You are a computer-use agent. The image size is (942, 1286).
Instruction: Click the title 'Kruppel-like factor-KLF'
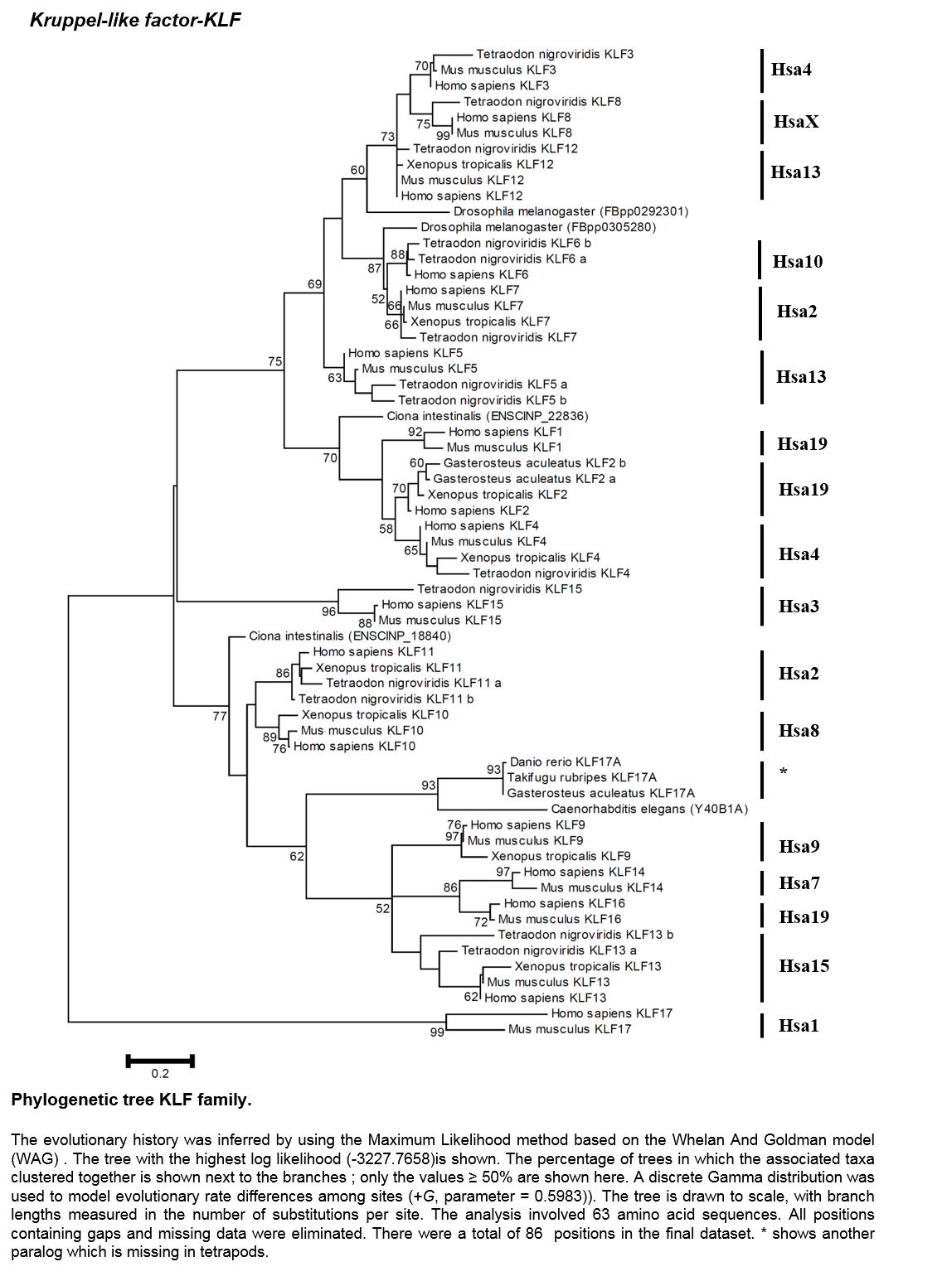[135, 21]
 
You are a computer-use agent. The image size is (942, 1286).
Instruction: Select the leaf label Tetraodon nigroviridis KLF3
[555, 54]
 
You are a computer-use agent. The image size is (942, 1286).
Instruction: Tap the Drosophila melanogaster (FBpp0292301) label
[571, 211]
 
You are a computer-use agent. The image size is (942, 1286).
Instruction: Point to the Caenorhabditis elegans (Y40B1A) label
[649, 809]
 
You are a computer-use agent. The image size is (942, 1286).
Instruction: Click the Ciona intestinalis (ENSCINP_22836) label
[488, 416]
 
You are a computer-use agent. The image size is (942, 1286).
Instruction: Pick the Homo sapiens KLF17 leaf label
[612, 1013]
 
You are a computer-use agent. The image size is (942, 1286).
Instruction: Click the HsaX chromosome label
[796, 121]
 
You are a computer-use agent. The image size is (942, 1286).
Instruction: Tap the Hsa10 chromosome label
[797, 261]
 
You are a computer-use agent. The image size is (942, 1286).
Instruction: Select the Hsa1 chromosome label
[798, 1025]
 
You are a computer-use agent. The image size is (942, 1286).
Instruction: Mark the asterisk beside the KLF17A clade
[783, 771]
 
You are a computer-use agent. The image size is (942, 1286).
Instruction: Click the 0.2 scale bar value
[160, 1073]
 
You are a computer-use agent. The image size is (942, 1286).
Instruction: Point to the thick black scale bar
[160, 1061]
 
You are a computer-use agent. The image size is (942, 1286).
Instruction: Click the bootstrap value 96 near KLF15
[328, 612]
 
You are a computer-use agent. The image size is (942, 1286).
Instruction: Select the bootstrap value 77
[220, 716]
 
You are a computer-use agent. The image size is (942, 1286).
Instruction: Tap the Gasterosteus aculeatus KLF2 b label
[534, 462]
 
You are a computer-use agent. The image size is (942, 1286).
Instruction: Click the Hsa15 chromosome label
[804, 965]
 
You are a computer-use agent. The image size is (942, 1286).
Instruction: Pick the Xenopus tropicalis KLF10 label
[375, 715]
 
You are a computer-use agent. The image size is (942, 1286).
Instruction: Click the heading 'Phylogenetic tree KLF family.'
[132, 1100]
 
